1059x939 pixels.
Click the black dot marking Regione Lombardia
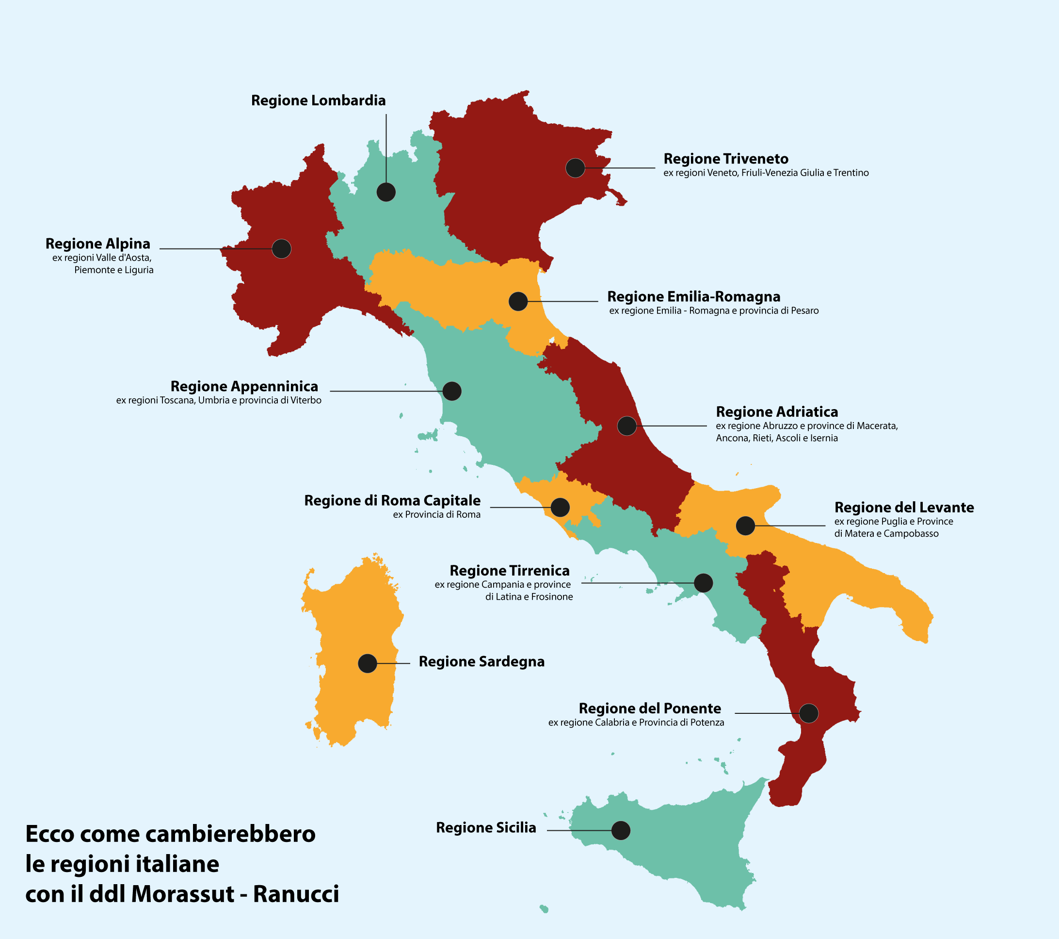386,192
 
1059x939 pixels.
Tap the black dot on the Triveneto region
575,168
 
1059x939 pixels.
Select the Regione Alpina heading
98,244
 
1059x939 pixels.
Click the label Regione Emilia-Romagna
693,297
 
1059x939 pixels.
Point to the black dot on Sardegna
368,663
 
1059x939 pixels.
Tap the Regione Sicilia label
485,827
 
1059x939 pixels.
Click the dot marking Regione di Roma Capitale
560,507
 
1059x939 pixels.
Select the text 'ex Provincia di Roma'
436,515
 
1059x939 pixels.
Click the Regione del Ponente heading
649,708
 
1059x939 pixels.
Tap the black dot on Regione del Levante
745,526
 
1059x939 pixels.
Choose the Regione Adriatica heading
777,412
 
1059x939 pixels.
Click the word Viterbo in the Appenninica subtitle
305,400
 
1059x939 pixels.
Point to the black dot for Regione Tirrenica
703,583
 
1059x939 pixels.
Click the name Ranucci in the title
296,894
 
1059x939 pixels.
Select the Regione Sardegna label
481,661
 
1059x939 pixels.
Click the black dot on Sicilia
621,830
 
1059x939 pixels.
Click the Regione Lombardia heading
318,100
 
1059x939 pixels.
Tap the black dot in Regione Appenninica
452,391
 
